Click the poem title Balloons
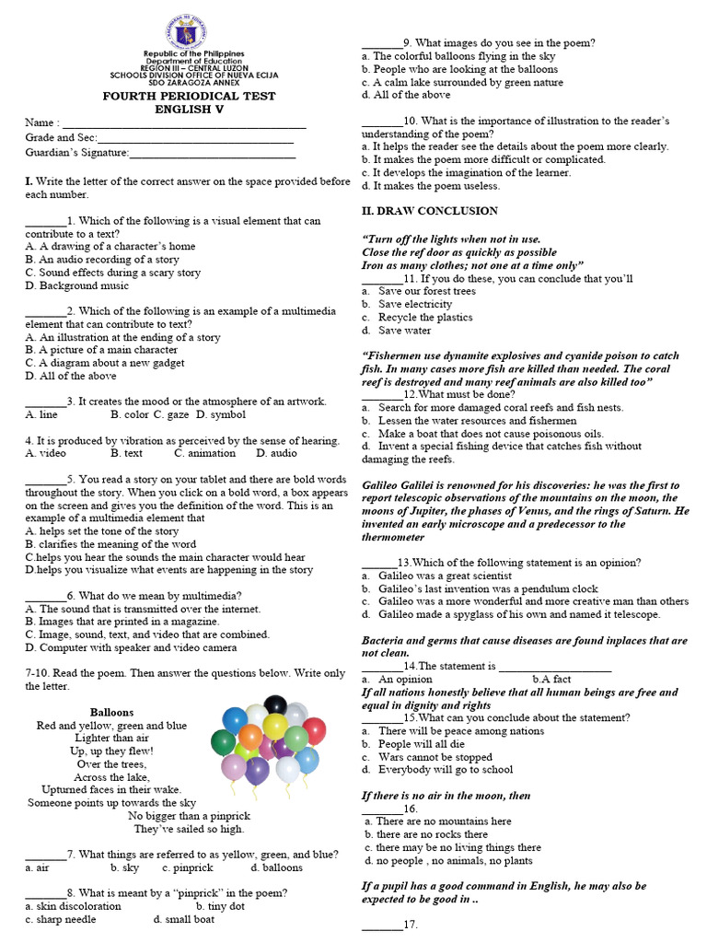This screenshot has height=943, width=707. click(x=111, y=712)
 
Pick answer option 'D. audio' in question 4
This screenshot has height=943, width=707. click(x=276, y=453)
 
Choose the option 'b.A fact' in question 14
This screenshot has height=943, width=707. click(x=552, y=679)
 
